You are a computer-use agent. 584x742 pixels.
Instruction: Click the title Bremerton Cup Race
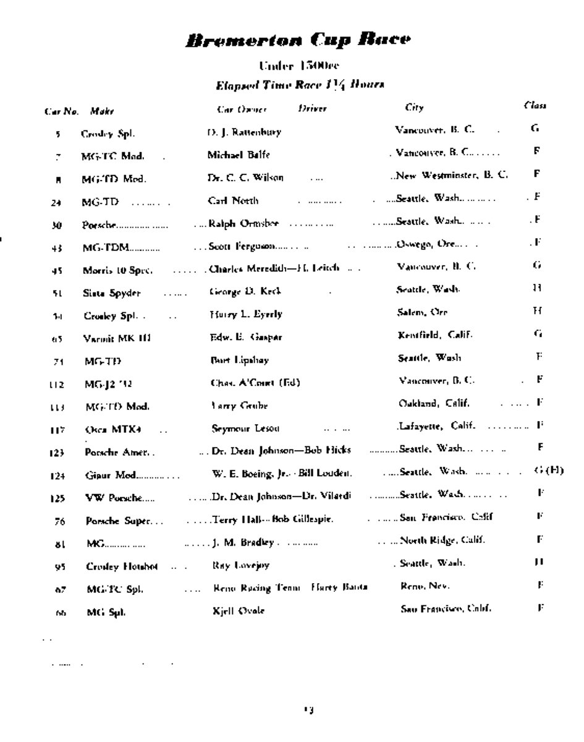pos(297,40)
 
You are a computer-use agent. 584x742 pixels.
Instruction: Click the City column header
pos(414,108)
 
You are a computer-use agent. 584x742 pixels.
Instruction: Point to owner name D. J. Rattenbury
pos(243,132)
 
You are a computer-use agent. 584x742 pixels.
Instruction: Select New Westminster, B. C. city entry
pos(452,176)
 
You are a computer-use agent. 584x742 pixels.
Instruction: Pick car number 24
pos(56,202)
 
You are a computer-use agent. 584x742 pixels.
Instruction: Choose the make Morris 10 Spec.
pos(118,270)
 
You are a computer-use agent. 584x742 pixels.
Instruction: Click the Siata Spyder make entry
pos(112,293)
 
